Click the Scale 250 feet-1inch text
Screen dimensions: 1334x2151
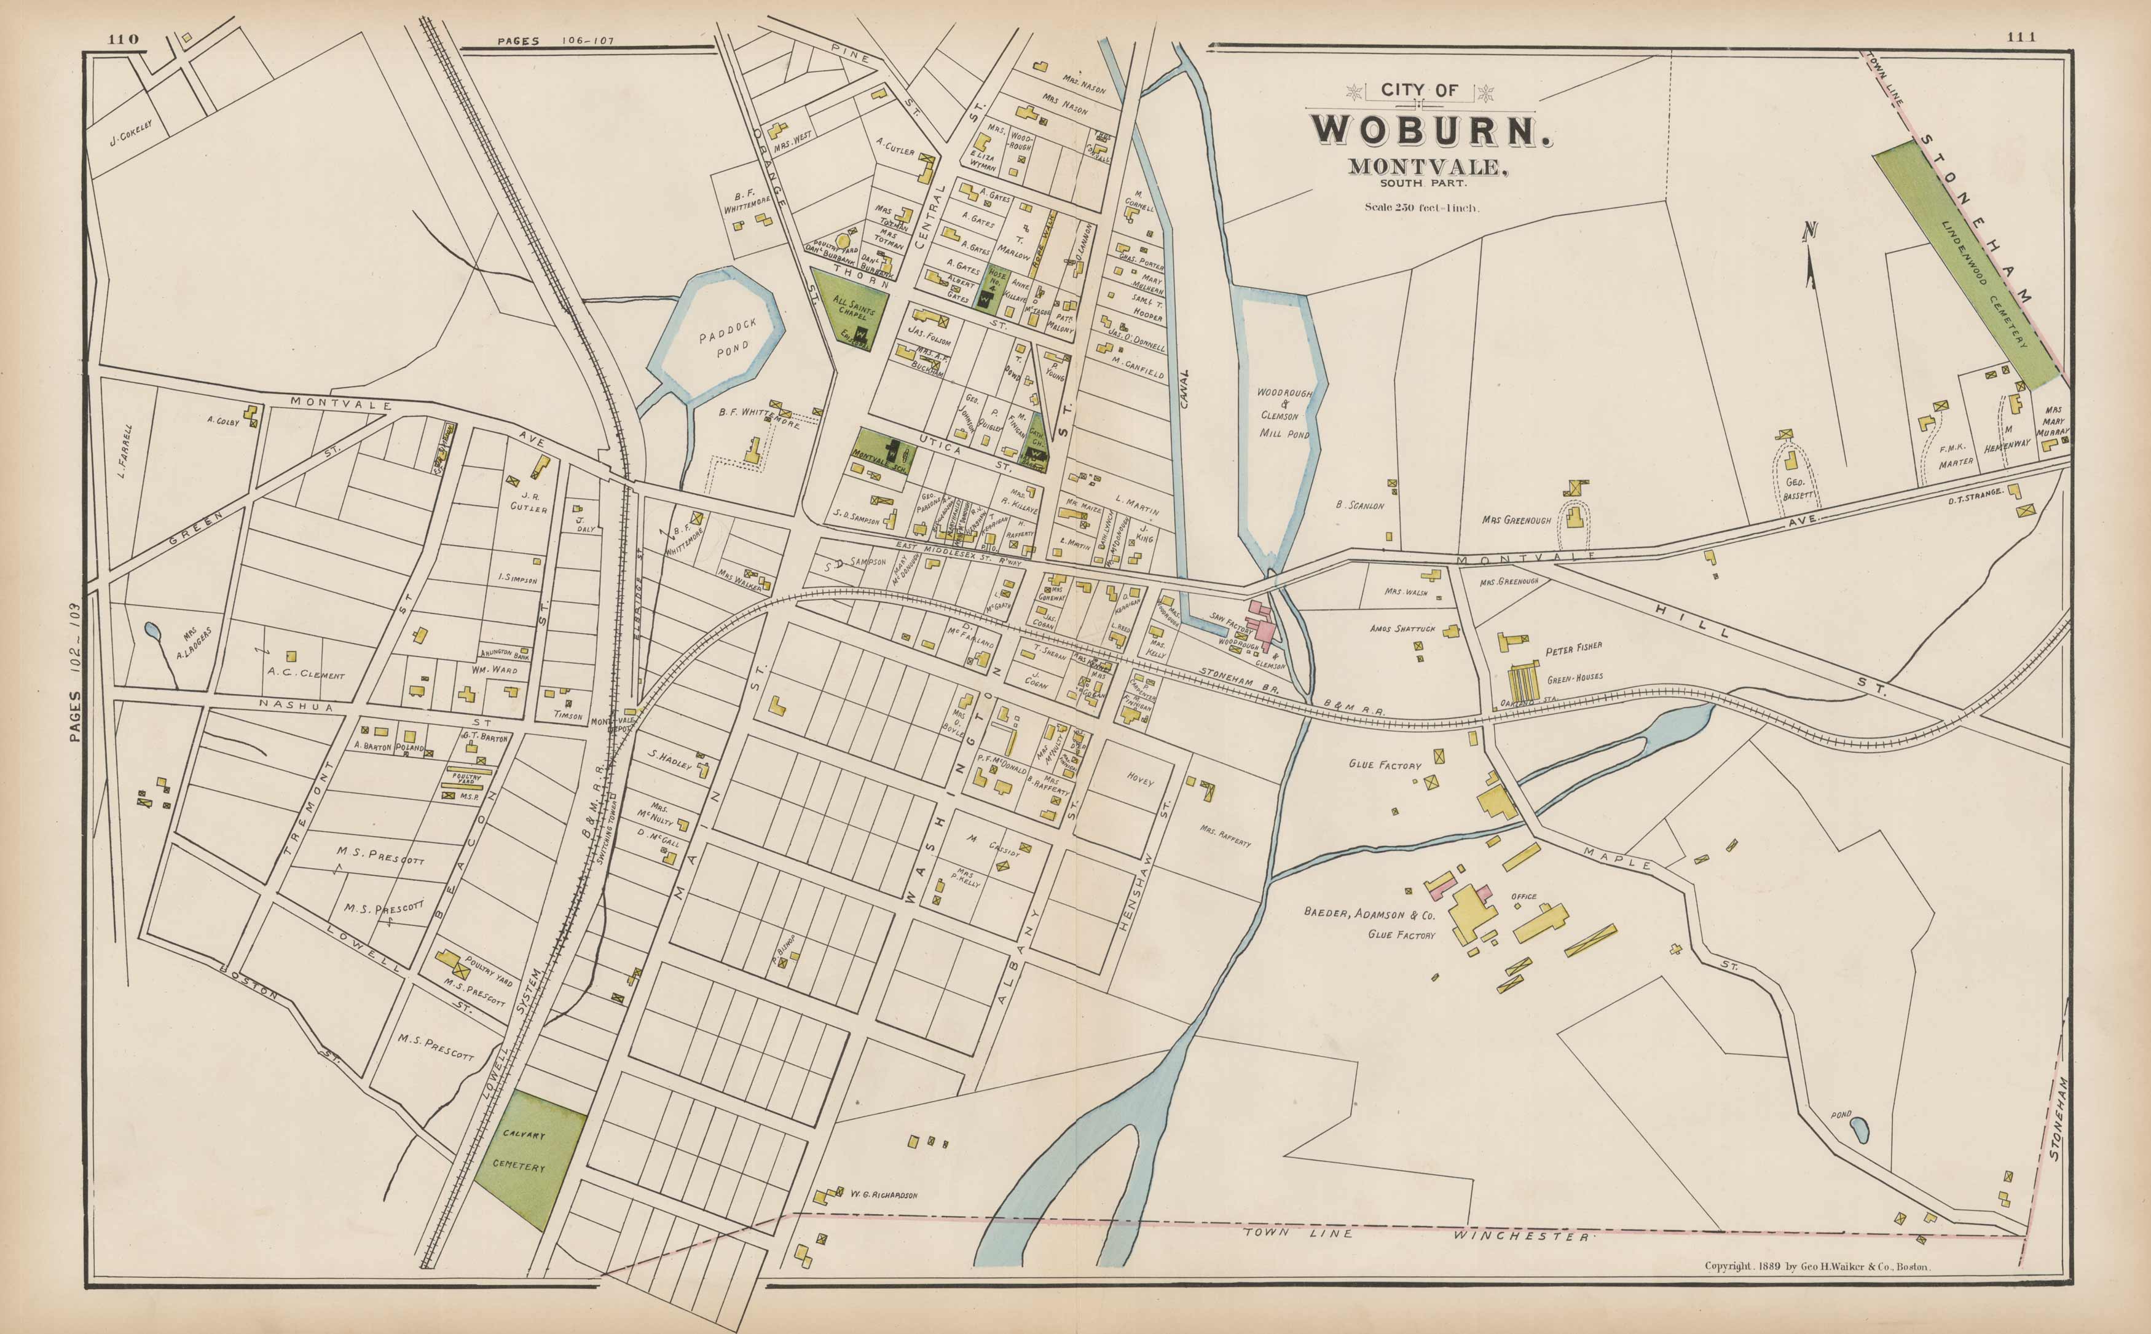(1422, 208)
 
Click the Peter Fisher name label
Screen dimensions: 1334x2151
(1573, 649)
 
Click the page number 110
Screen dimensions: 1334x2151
(124, 39)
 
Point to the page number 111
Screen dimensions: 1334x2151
(2021, 37)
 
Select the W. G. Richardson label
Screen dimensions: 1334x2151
(883, 1196)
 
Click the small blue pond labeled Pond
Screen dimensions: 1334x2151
(1859, 1129)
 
